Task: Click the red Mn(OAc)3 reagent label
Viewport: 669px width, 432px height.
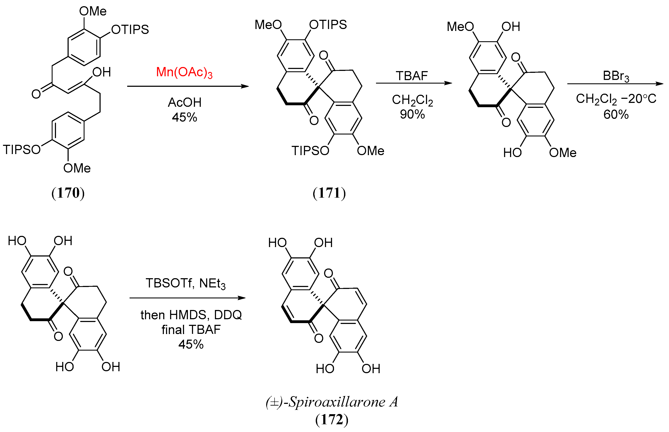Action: tap(184, 72)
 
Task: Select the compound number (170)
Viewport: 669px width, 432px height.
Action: tap(68, 193)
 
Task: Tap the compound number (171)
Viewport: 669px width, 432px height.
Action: tap(329, 193)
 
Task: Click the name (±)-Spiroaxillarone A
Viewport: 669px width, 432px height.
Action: tap(332, 402)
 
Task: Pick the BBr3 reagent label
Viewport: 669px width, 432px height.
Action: tap(616, 76)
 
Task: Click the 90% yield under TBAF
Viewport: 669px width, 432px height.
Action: tap(412, 114)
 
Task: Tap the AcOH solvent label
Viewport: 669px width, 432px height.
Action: tap(184, 102)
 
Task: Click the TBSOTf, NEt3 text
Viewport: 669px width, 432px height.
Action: tap(185, 283)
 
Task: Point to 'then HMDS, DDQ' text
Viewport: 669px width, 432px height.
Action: tap(191, 315)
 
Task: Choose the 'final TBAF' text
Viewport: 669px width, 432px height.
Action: tap(191, 330)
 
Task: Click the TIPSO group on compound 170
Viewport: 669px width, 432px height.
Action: tap(22, 150)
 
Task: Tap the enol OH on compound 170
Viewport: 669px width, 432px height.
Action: tap(102, 72)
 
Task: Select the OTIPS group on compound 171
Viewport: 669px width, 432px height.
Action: tap(328, 25)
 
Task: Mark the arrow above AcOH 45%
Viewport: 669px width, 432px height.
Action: tap(188, 86)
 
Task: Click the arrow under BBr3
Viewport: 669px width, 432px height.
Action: tap(615, 84)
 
